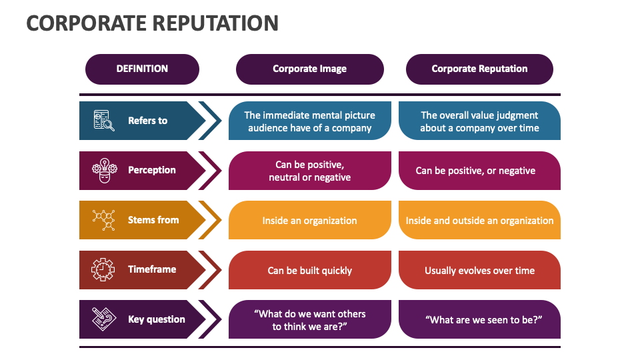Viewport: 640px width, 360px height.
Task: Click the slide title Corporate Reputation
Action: pos(152,23)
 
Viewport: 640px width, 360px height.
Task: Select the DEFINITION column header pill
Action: pos(142,69)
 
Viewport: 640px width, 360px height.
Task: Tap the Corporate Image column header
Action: pos(309,69)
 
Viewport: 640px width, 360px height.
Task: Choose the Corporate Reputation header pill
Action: pos(479,69)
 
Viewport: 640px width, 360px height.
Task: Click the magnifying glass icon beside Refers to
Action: pos(103,121)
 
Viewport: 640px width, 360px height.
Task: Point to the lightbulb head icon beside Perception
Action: pos(103,170)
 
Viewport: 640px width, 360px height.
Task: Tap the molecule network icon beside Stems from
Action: pos(103,220)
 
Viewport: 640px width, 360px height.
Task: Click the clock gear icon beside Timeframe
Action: pos(103,269)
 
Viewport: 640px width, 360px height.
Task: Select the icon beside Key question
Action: pos(103,319)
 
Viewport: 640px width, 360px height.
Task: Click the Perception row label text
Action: pos(152,170)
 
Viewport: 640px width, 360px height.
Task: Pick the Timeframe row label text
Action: pos(152,269)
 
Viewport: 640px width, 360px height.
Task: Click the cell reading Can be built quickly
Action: pos(309,270)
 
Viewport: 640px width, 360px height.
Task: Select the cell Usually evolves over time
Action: pos(479,270)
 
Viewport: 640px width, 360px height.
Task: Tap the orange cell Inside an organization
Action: pos(309,220)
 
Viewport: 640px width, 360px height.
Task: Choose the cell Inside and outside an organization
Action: pos(479,220)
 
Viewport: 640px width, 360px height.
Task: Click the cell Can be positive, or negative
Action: pos(479,171)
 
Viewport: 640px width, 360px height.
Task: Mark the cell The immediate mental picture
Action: pos(309,121)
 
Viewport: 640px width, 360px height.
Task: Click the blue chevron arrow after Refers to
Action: pos(211,121)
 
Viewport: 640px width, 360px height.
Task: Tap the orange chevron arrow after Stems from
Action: pos(211,220)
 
